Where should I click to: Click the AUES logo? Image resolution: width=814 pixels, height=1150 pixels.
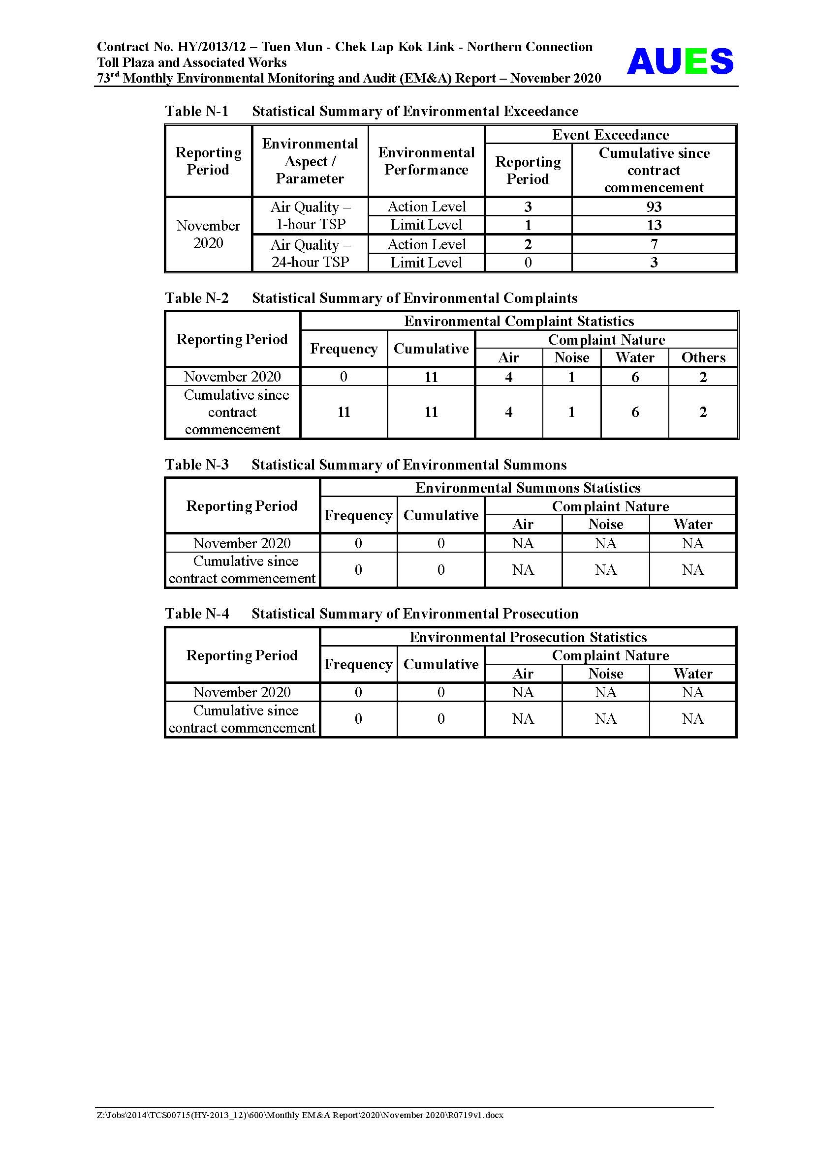point(680,61)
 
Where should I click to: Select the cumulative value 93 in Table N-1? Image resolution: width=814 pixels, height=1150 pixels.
point(654,206)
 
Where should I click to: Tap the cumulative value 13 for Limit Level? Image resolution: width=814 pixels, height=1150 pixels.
point(654,225)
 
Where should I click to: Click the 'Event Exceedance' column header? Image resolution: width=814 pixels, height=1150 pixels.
point(610,135)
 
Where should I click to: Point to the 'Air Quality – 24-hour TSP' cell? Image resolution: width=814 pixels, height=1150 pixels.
point(310,253)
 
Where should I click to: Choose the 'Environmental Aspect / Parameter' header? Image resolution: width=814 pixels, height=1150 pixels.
point(310,161)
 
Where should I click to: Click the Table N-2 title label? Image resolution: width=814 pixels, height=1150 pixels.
point(197,298)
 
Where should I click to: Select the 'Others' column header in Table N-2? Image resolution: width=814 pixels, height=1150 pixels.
point(703,357)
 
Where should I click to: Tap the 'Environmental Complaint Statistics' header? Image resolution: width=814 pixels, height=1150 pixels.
point(519,321)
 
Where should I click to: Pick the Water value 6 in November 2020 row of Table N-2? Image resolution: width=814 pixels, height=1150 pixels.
point(634,377)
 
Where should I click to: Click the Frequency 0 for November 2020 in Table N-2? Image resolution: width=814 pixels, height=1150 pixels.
point(344,377)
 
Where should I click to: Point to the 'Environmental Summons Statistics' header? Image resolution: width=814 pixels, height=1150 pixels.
point(527,488)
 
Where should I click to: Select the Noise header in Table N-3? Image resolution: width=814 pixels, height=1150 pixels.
point(605,525)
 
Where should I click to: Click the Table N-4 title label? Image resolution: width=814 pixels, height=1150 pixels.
point(197,614)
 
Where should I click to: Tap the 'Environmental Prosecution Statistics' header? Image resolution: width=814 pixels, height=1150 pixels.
point(528,637)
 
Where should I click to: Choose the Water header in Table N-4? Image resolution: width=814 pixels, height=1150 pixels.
point(692,674)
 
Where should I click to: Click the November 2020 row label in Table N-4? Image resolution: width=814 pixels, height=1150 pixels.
point(242,692)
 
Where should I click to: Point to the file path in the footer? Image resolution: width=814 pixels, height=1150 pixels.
point(300,1116)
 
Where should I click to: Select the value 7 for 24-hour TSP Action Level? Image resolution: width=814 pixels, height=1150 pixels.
point(654,244)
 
